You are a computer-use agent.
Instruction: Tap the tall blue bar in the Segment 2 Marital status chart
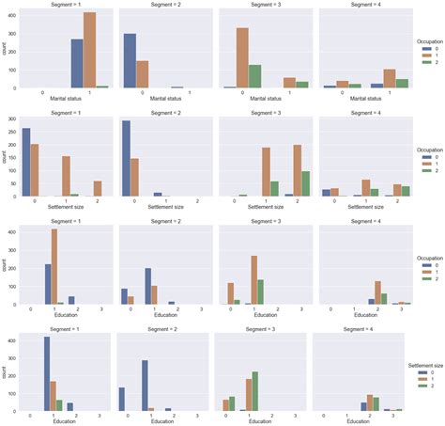(130, 61)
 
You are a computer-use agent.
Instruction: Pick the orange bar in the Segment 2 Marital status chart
(142, 74)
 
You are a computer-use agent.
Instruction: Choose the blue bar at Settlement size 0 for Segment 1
(25, 162)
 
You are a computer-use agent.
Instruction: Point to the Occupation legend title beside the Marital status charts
(427, 41)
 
